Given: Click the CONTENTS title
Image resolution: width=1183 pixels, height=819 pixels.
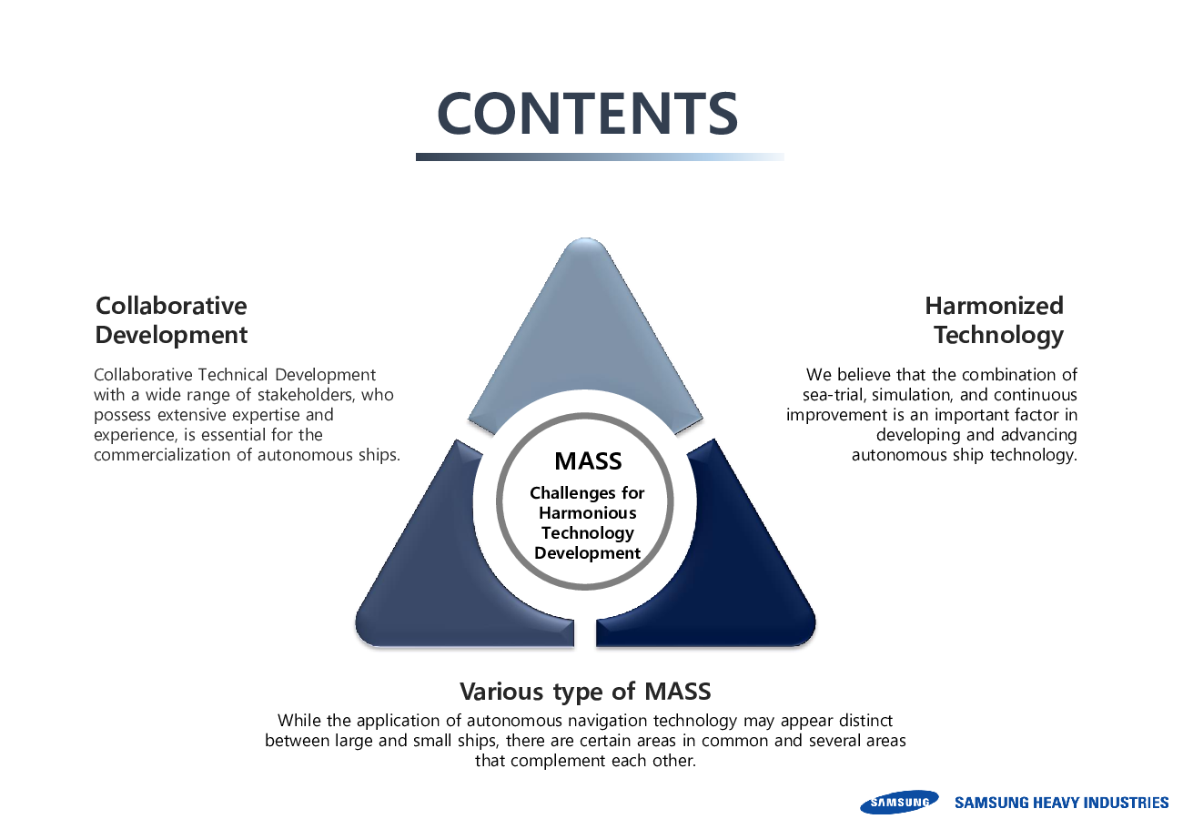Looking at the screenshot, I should (587, 113).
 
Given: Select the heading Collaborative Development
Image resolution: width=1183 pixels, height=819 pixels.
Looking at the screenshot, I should (171, 319).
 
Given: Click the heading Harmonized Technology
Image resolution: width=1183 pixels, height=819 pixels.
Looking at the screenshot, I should (996, 319).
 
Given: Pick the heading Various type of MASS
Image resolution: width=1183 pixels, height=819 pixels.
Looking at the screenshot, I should (584, 691).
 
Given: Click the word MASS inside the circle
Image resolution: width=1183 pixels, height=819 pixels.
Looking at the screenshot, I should (588, 460).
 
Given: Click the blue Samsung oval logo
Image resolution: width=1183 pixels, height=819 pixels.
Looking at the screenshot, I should (899, 802).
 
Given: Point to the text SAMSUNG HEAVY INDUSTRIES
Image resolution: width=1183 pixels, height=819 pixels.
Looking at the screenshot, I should (1061, 803).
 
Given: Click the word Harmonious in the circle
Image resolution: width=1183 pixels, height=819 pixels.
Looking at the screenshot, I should (587, 513).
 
